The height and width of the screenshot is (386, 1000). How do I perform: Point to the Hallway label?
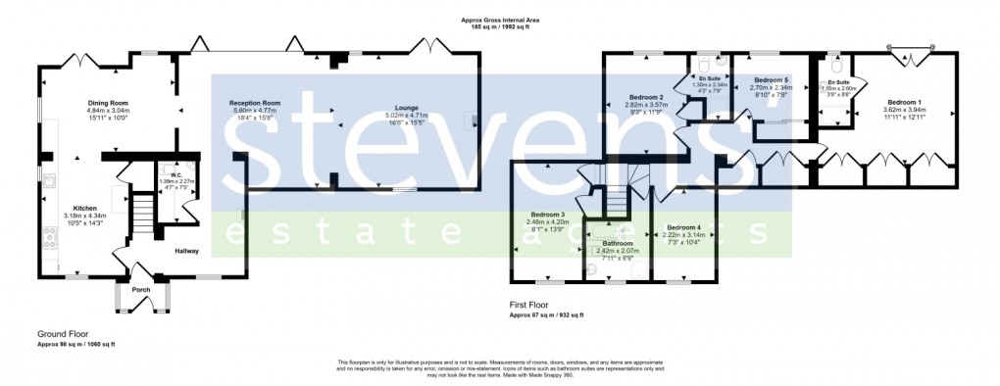point(186,251)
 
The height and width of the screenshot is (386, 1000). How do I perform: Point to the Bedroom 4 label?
point(683,227)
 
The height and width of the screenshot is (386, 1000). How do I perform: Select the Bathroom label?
point(618,243)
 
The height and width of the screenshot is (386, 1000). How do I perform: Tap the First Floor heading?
point(534,306)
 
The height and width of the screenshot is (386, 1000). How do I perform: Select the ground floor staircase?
point(143,213)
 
